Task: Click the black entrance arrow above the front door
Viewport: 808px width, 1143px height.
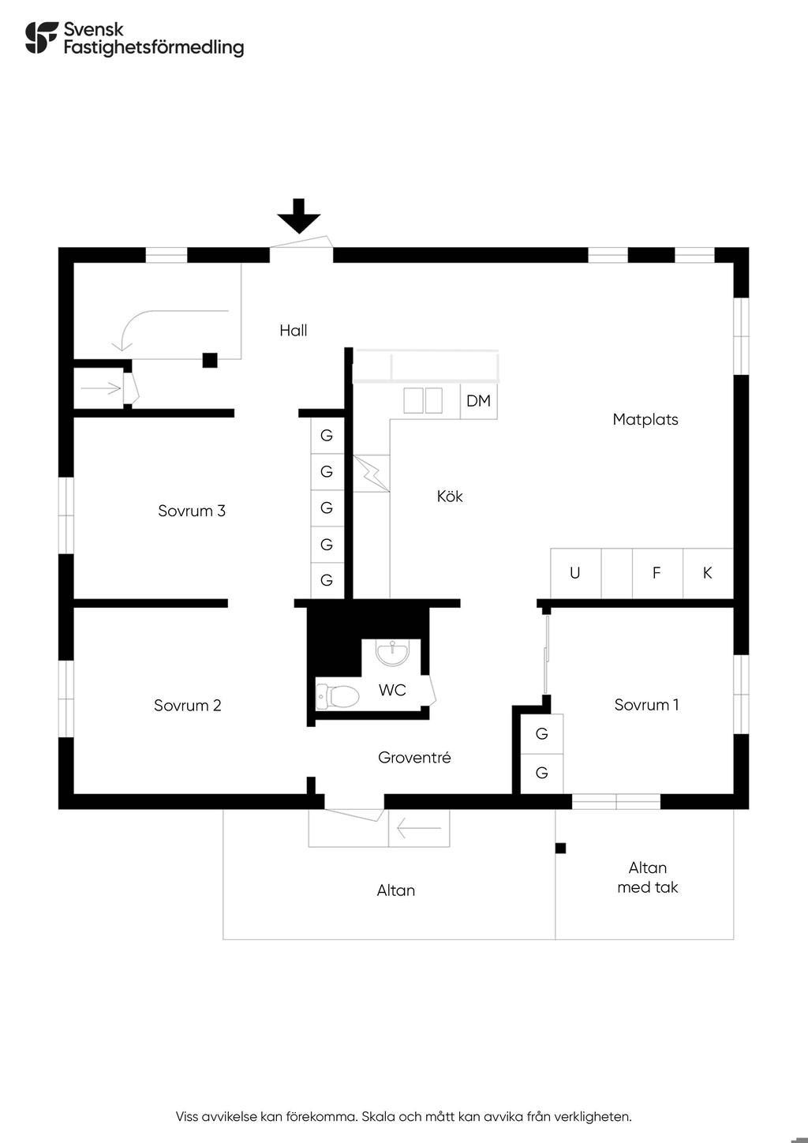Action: [x=298, y=215]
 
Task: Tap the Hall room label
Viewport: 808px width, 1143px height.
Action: [x=294, y=331]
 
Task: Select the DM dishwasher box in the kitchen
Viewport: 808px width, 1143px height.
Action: [x=478, y=401]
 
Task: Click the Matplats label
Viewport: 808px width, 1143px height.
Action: [x=645, y=419]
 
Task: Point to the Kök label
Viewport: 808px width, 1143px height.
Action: [x=450, y=496]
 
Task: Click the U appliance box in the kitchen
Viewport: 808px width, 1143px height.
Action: [x=575, y=574]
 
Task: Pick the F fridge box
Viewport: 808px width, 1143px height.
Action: [x=657, y=574]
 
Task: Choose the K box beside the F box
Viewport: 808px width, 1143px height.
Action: [x=708, y=574]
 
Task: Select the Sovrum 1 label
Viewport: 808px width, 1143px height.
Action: [x=646, y=705]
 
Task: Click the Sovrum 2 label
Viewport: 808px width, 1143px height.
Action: [x=187, y=705]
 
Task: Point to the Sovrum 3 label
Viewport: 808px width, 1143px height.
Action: [x=192, y=511]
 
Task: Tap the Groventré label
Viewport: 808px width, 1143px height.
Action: [x=414, y=757]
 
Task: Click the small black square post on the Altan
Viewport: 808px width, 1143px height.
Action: [x=560, y=848]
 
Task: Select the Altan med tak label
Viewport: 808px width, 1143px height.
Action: [x=647, y=877]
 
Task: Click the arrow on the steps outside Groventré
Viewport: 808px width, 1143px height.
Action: [x=419, y=828]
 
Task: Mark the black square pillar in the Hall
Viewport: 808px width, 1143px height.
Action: [x=210, y=360]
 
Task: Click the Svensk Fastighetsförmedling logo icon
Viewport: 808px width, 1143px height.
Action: [x=42, y=37]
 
